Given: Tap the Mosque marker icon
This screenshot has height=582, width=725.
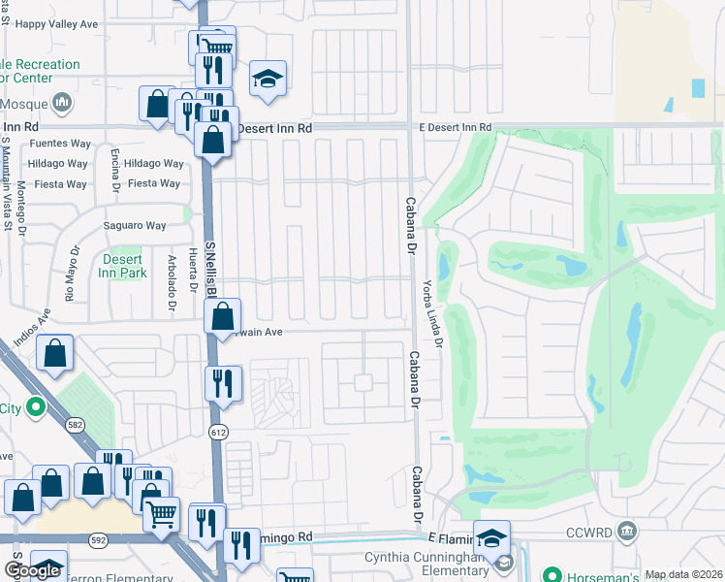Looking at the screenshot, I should tap(62, 101).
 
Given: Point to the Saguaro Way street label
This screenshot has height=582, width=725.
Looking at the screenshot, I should tap(136, 226).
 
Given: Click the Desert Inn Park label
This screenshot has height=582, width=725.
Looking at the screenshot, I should tap(122, 266).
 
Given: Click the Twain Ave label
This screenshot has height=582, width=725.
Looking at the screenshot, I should tap(257, 332).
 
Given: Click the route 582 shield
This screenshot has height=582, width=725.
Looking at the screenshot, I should tap(74, 424).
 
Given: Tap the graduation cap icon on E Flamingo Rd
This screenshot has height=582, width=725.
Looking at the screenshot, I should tap(491, 537).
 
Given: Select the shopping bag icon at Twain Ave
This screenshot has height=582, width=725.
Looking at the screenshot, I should tap(223, 315).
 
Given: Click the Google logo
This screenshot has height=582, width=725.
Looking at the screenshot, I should tap(32, 570).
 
